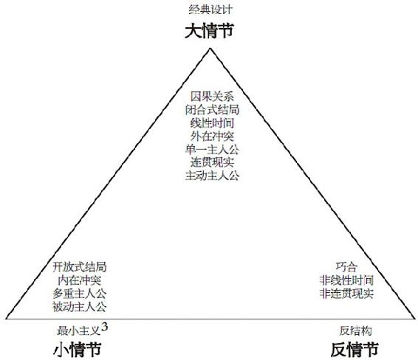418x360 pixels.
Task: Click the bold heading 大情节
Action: click(209, 31)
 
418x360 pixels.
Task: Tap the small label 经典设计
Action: click(210, 10)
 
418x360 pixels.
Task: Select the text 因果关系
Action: click(212, 97)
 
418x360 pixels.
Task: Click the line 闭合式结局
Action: click(212, 110)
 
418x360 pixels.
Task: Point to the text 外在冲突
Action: click(212, 136)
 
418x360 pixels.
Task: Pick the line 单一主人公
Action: click(212, 149)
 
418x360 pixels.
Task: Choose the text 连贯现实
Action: click(212, 162)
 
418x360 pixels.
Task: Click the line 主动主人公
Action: click(212, 176)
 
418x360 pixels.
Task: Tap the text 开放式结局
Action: click(80, 267)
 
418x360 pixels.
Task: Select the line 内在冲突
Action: click(80, 280)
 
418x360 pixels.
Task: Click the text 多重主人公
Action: click(80, 294)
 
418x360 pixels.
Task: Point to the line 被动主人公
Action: click(80, 307)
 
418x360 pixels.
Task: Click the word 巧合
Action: click(346, 267)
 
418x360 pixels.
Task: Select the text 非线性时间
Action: click(346, 280)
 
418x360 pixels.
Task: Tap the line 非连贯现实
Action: click(346, 294)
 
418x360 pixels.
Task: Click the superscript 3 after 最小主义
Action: click(105, 327)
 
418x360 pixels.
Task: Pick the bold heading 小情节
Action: click(78, 350)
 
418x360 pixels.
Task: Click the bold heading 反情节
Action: click(354, 350)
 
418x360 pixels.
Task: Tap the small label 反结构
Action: click(356, 330)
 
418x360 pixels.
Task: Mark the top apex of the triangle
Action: click(210, 48)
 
